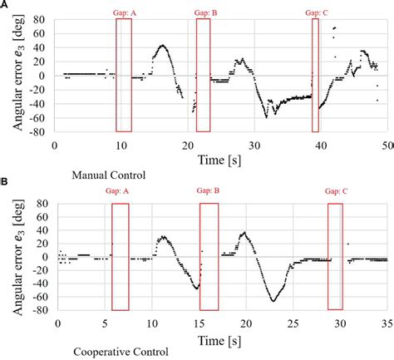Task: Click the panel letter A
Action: pyautogui.click(x=5, y=5)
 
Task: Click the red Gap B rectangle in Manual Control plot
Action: pyautogui.click(x=203, y=75)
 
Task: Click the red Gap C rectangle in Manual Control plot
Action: pyautogui.click(x=315, y=75)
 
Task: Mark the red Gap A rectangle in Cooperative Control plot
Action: pyautogui.click(x=121, y=255)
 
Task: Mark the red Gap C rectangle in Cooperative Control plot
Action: pyautogui.click(x=335, y=255)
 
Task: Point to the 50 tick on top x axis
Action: pyautogui.click(x=384, y=145)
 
